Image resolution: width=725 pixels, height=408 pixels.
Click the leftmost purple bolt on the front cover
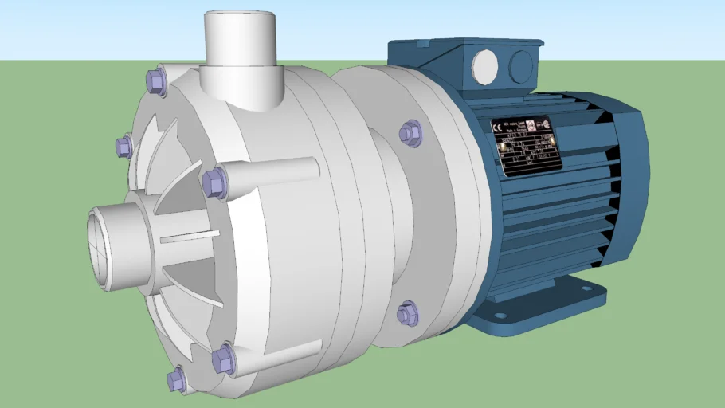(x=124, y=147)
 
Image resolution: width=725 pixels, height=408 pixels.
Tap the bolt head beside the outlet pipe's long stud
(x=215, y=182)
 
